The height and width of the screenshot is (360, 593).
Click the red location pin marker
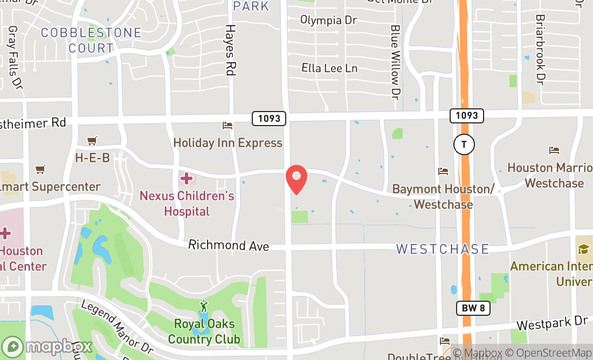[x=296, y=179]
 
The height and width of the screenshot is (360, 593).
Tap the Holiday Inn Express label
[x=227, y=143]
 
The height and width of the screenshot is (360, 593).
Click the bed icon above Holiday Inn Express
[x=227, y=126]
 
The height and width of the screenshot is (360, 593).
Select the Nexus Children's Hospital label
[x=187, y=203]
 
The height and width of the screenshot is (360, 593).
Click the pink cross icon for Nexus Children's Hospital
[x=187, y=178]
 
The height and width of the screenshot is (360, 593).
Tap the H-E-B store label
[x=92, y=158]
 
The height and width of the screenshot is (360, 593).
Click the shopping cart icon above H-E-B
[x=92, y=141]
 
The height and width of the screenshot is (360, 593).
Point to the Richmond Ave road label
[x=229, y=246]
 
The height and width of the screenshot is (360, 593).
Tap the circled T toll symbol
[x=464, y=144]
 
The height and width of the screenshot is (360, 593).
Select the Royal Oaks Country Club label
[x=204, y=331]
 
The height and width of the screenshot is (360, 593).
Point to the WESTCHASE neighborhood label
[x=443, y=249]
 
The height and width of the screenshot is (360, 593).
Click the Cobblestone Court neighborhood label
[x=91, y=40]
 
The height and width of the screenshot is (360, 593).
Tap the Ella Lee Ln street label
[x=329, y=68]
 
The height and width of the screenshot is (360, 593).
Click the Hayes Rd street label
[x=231, y=50]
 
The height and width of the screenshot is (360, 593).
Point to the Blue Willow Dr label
[x=395, y=62]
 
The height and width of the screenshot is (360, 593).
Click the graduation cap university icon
[x=583, y=248]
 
